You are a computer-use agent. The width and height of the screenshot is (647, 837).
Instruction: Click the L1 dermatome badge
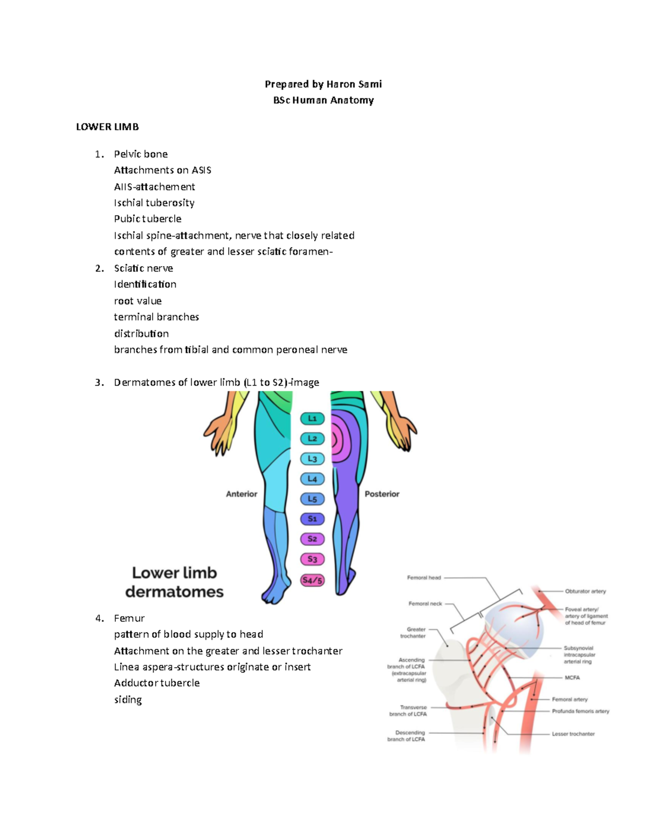pyautogui.click(x=312, y=418)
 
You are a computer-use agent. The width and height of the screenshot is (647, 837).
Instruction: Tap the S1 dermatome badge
pyautogui.click(x=312, y=519)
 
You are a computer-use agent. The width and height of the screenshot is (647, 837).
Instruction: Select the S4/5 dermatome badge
pyautogui.click(x=312, y=580)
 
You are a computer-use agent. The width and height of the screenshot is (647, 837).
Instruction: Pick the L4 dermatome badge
pyautogui.click(x=312, y=479)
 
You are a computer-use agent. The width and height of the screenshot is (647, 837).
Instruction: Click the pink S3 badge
pyautogui.click(x=312, y=559)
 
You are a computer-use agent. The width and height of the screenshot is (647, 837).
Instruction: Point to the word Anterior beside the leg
pyautogui.click(x=242, y=494)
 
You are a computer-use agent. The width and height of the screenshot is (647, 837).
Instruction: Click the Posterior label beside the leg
pyautogui.click(x=382, y=494)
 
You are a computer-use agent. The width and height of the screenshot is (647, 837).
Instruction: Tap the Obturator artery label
pyautogui.click(x=586, y=591)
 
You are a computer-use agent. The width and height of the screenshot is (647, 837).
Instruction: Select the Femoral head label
pyautogui.click(x=424, y=578)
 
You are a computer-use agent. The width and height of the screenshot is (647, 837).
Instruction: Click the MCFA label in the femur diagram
pyautogui.click(x=572, y=677)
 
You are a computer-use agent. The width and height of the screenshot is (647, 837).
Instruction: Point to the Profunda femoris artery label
pyautogui.click(x=580, y=711)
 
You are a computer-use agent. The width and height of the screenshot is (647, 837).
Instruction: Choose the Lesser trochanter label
pyautogui.click(x=573, y=734)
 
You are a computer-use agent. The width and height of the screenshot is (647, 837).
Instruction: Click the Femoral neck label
pyautogui.click(x=425, y=604)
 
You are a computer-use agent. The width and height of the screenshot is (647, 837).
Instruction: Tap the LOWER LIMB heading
pyautogui.click(x=107, y=127)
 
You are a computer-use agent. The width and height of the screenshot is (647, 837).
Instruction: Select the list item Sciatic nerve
pyautogui.click(x=143, y=268)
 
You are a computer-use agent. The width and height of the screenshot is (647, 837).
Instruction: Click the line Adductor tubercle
pyautogui.click(x=157, y=683)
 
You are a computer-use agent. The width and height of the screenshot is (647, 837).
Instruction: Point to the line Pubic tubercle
pyautogui.click(x=148, y=219)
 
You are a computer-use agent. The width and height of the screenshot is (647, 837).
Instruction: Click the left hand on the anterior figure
pyautogui.click(x=219, y=433)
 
